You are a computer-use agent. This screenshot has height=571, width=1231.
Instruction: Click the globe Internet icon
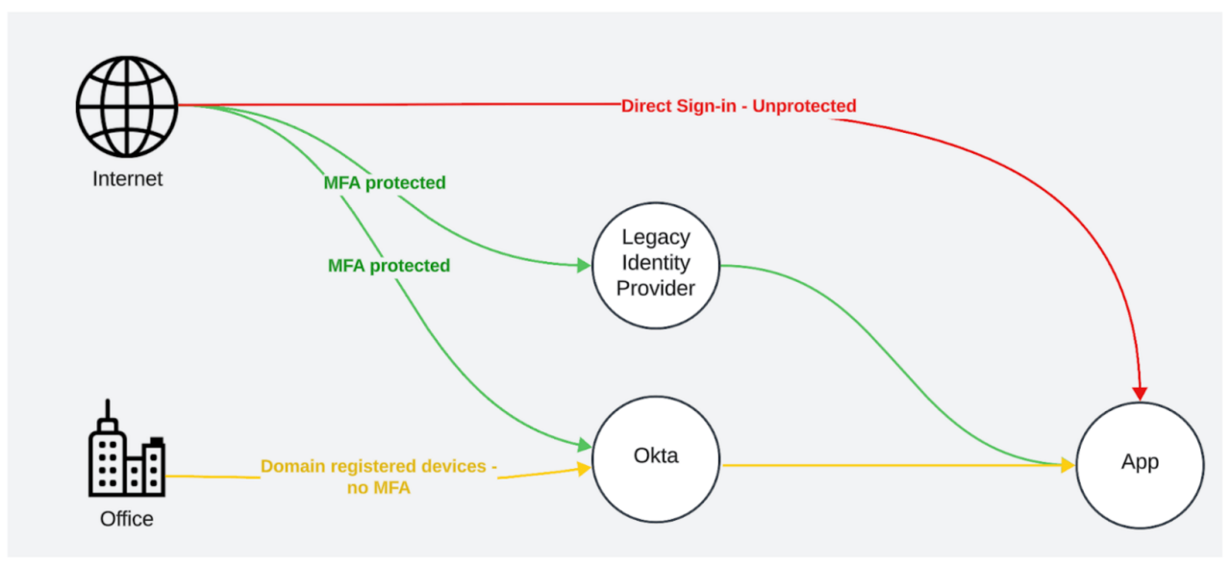127,106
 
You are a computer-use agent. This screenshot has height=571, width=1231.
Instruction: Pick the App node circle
1140,463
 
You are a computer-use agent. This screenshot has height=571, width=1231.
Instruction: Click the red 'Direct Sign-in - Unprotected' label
739,106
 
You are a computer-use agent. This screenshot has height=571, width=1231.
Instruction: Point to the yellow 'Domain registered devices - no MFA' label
379,477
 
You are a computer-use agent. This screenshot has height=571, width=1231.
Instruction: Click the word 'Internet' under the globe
127,179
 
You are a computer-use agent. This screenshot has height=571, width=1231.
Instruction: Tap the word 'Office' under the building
127,519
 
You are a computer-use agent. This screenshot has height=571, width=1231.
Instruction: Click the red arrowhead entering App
1140,393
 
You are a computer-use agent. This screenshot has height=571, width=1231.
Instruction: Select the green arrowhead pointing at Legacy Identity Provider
584,266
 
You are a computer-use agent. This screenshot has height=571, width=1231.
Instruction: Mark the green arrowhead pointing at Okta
584,446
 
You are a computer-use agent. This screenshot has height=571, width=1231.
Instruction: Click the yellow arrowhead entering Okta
583,468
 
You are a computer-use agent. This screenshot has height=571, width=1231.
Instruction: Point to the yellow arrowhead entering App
1068,465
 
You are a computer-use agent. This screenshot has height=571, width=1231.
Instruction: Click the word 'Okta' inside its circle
656,455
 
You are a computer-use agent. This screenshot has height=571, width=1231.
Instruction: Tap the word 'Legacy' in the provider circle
656,237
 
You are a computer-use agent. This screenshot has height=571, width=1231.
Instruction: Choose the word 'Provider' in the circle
656,289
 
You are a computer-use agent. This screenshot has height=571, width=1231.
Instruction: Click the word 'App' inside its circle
1140,462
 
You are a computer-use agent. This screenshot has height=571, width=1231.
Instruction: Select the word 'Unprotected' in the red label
804,106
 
